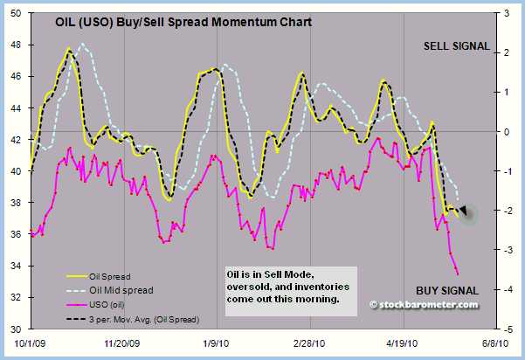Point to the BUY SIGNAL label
pyautogui.click(x=446, y=289)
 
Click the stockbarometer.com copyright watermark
pyautogui.click(x=424, y=304)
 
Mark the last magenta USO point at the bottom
pyautogui.click(x=458, y=273)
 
